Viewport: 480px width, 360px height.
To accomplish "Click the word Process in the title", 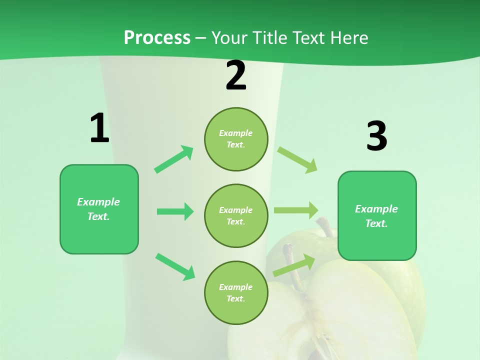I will click(x=157, y=38).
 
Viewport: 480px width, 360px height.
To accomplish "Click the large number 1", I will click(x=99, y=128).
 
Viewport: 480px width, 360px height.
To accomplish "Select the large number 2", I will click(x=236, y=76).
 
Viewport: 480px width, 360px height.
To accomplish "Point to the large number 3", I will click(x=376, y=136).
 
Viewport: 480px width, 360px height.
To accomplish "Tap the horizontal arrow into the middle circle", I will click(x=175, y=211).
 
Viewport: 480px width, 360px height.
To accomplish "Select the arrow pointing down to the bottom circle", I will click(x=175, y=266).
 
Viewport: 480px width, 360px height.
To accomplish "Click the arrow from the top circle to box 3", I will click(x=297, y=159).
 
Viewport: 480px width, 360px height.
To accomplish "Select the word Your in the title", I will click(x=229, y=38).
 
